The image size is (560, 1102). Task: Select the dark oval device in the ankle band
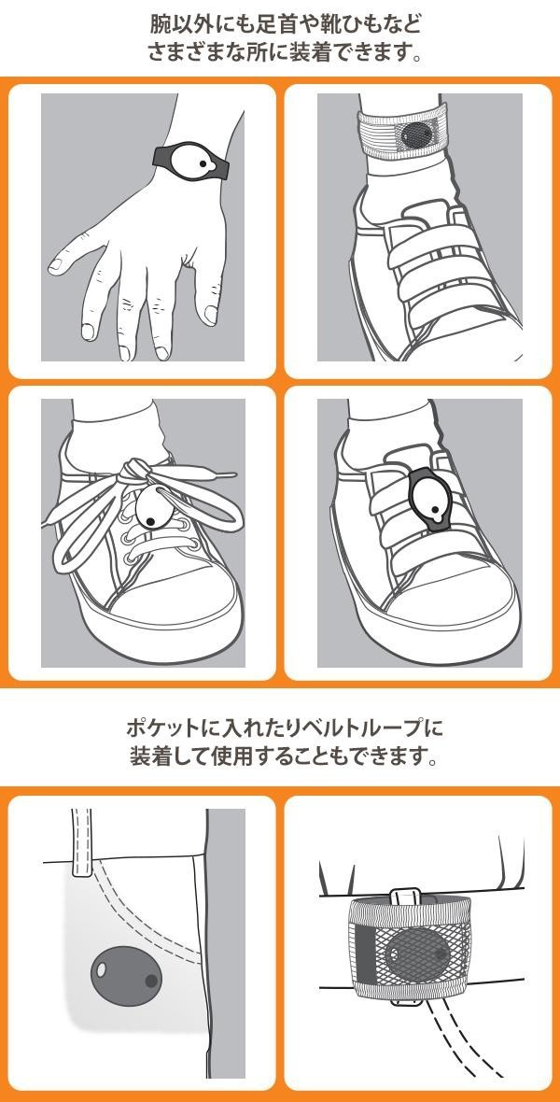[x=418, y=134]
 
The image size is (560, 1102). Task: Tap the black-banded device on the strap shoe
[x=430, y=501]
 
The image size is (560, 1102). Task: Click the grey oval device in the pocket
[x=126, y=976]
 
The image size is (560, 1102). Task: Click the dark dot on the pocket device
[x=150, y=981]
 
